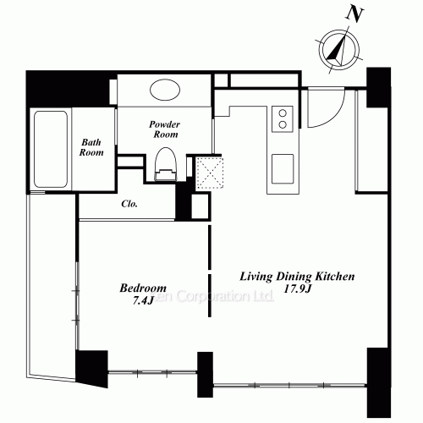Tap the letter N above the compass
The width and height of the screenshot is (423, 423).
pos(356,14)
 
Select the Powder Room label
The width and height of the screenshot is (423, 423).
pos(165,129)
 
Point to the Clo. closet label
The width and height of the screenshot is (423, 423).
pos(129,204)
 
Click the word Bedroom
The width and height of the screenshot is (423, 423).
pos(142,287)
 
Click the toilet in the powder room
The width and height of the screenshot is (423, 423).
pos(166,162)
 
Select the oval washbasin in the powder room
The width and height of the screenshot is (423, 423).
pos(166,90)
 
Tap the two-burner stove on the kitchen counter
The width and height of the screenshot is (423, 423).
pos(281,118)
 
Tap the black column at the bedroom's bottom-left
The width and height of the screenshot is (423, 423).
pos(92,365)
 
